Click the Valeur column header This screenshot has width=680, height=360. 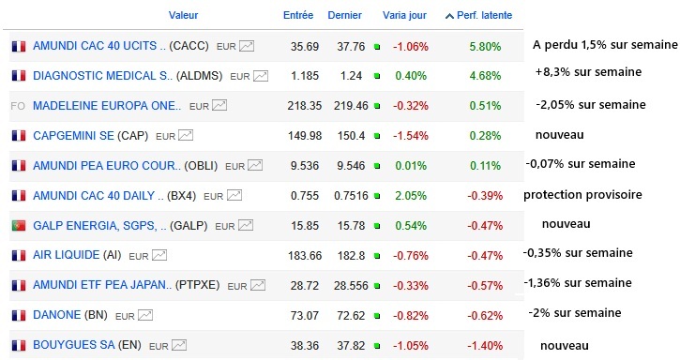coord(183,15)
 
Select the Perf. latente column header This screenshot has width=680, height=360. coord(484,15)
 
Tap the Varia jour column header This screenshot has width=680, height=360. coord(404,15)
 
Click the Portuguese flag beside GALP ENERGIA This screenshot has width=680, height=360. coord(19,226)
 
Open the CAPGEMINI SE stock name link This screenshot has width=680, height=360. coord(73,136)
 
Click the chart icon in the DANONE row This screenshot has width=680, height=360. coord(145,315)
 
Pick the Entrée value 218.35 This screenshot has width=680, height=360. coord(305,106)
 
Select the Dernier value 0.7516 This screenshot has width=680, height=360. coord(350,196)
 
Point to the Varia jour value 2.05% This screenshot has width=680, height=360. coord(410,196)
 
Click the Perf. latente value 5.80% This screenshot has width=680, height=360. coord(485,46)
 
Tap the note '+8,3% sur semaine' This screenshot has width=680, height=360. coord(588,71)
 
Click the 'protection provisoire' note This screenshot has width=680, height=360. coord(582,195)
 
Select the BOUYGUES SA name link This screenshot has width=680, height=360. coord(74,345)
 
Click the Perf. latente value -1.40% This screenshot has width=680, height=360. coord(485,346)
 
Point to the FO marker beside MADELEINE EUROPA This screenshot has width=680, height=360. coord(18,106)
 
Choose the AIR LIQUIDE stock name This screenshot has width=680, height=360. coord(67,255)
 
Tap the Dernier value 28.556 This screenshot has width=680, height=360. coord(351,286)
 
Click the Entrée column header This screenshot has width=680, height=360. coord(298,15)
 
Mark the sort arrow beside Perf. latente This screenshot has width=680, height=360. coord(449,16)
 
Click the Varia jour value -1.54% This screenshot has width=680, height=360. coord(411,136)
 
